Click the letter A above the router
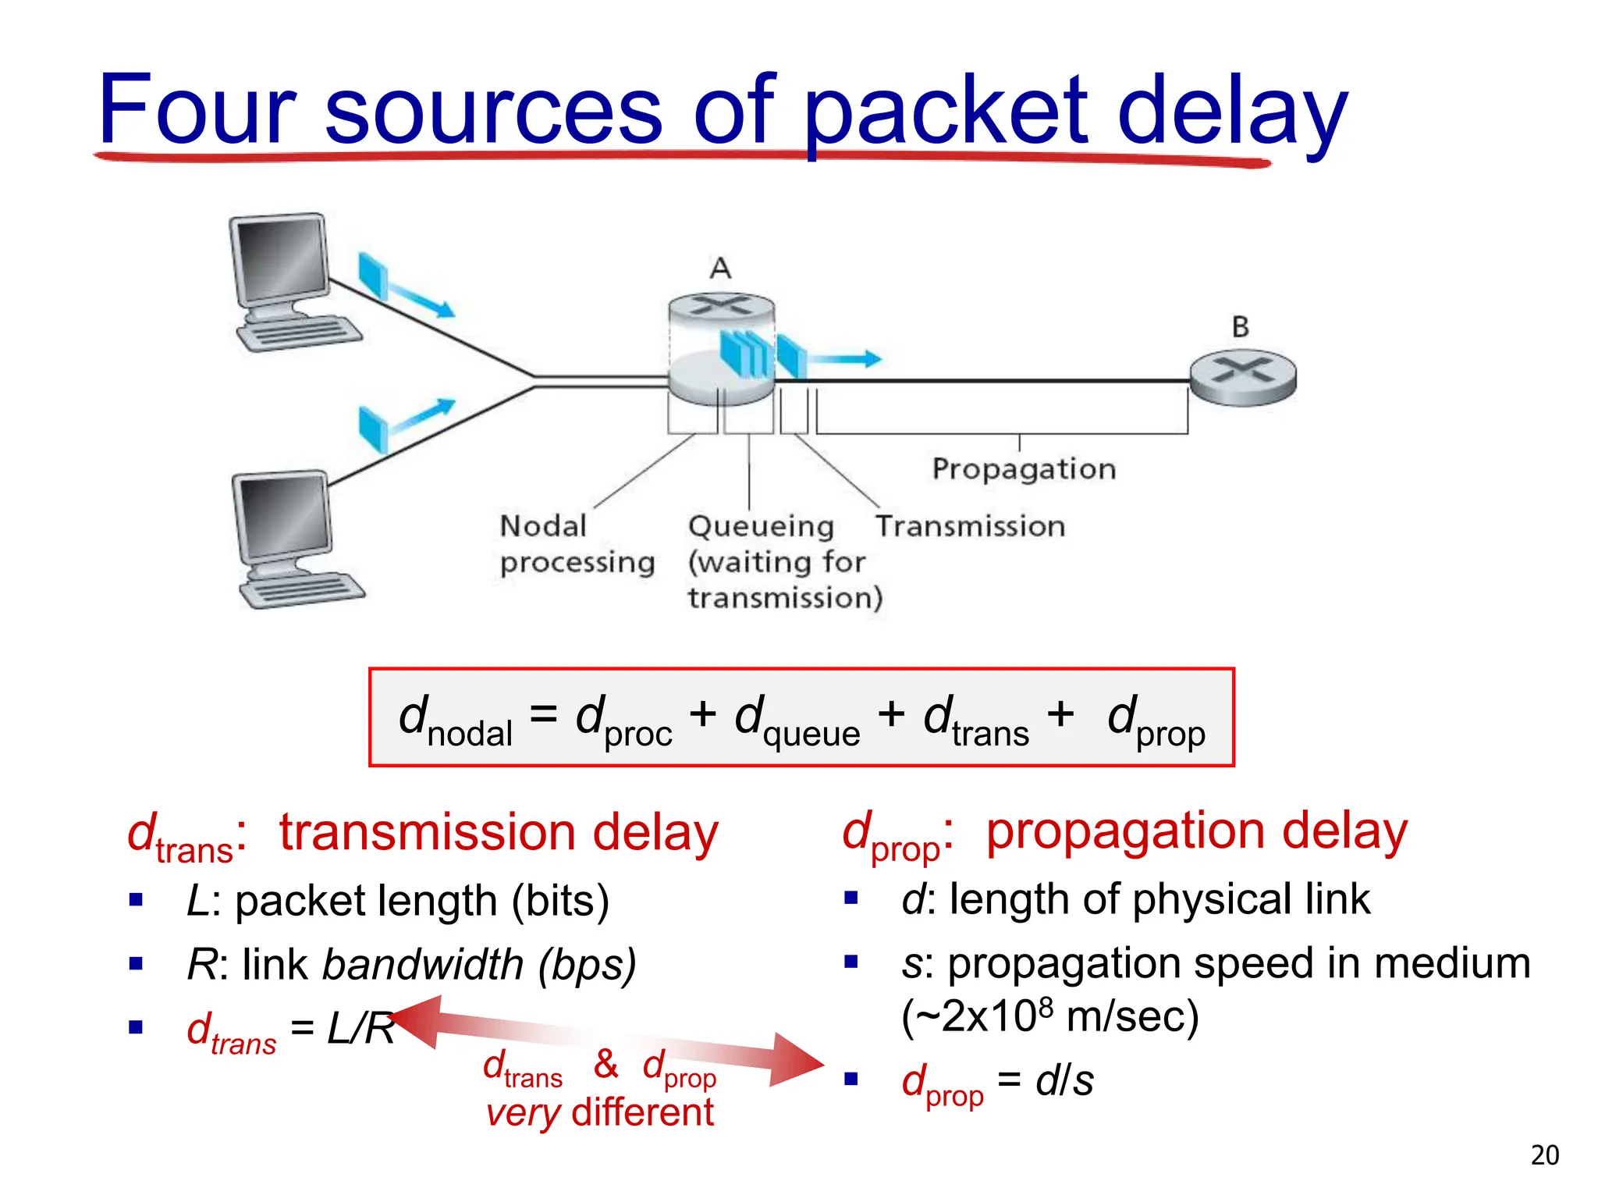(x=720, y=269)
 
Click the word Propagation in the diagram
(x=1024, y=469)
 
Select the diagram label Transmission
(x=970, y=526)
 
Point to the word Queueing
(x=761, y=527)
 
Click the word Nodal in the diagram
(x=543, y=526)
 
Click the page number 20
(x=1544, y=1155)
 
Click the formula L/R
(x=360, y=1029)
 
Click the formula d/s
(x=1064, y=1081)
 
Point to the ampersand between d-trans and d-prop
(x=605, y=1064)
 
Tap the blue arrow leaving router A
(x=844, y=359)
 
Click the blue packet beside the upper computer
(x=373, y=274)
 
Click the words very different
(x=599, y=1113)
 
